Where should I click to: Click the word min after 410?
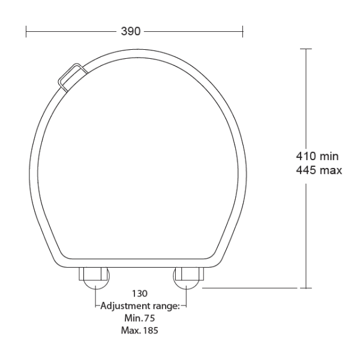click(329, 157)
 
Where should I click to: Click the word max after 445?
click(331, 170)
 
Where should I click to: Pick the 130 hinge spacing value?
click(140, 294)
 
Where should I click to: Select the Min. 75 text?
click(140, 318)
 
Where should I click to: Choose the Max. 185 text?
click(140, 330)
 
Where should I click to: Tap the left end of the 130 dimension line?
click(95, 306)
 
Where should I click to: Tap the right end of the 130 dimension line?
click(187, 306)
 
